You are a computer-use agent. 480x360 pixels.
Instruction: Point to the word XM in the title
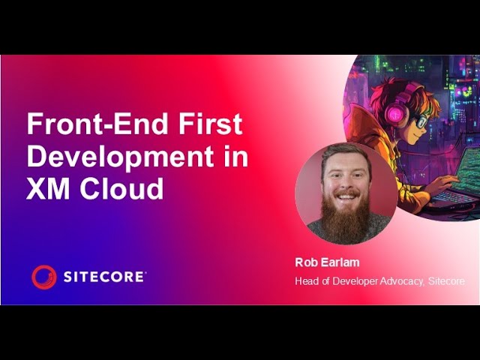click(47, 189)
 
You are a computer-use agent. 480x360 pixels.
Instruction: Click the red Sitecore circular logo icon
click(44, 277)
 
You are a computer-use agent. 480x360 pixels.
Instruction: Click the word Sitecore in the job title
click(448, 281)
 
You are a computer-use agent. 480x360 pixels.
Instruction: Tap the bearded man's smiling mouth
click(346, 197)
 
